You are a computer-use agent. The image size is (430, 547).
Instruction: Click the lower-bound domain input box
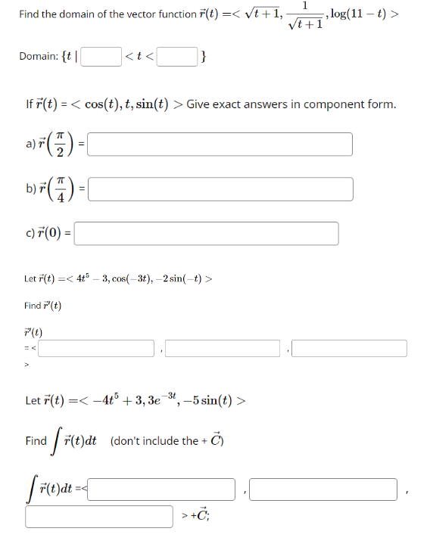click(x=102, y=57)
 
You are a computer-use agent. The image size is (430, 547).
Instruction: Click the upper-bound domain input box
click(x=179, y=57)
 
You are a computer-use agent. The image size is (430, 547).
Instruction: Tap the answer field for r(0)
click(x=206, y=233)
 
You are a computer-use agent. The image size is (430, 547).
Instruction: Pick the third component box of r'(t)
click(x=350, y=349)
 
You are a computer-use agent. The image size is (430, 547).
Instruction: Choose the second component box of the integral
click(x=323, y=490)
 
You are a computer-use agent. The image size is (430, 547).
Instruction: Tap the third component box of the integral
click(x=100, y=516)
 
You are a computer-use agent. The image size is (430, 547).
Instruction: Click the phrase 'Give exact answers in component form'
click(x=291, y=104)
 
